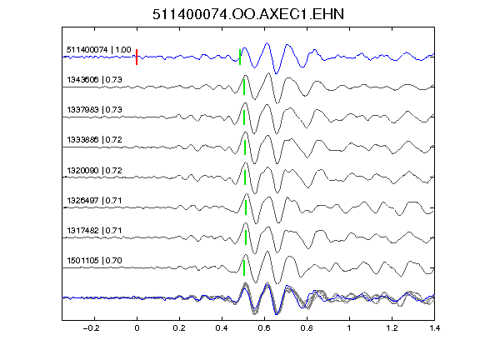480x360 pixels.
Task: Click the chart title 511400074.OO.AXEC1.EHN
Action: [248, 14]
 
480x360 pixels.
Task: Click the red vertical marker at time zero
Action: [137, 57]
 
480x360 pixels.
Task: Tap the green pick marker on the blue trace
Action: [240, 57]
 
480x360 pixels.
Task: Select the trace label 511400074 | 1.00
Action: [99, 50]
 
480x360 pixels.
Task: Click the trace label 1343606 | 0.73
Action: [94, 80]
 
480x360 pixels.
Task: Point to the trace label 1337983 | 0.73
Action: [94, 110]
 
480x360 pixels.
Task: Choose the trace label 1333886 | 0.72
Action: [94, 140]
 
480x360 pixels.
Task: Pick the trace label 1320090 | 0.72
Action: [94, 170]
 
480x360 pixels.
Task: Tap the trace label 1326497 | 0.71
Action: [94, 201]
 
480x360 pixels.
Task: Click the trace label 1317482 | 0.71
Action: [94, 230]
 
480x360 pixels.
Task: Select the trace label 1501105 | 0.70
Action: [94, 260]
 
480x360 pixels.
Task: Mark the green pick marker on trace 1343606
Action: [244, 87]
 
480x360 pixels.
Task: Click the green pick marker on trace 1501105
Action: [244, 267]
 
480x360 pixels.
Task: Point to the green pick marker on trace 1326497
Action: [246, 207]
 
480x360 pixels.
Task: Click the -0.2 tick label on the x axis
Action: [91, 328]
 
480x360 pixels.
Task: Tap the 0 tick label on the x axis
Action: [137, 328]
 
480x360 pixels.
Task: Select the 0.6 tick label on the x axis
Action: [264, 328]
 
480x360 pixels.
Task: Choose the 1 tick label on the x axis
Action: [349, 328]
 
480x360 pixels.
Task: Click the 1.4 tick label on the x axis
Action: [434, 328]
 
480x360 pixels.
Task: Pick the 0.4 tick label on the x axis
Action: [222, 328]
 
